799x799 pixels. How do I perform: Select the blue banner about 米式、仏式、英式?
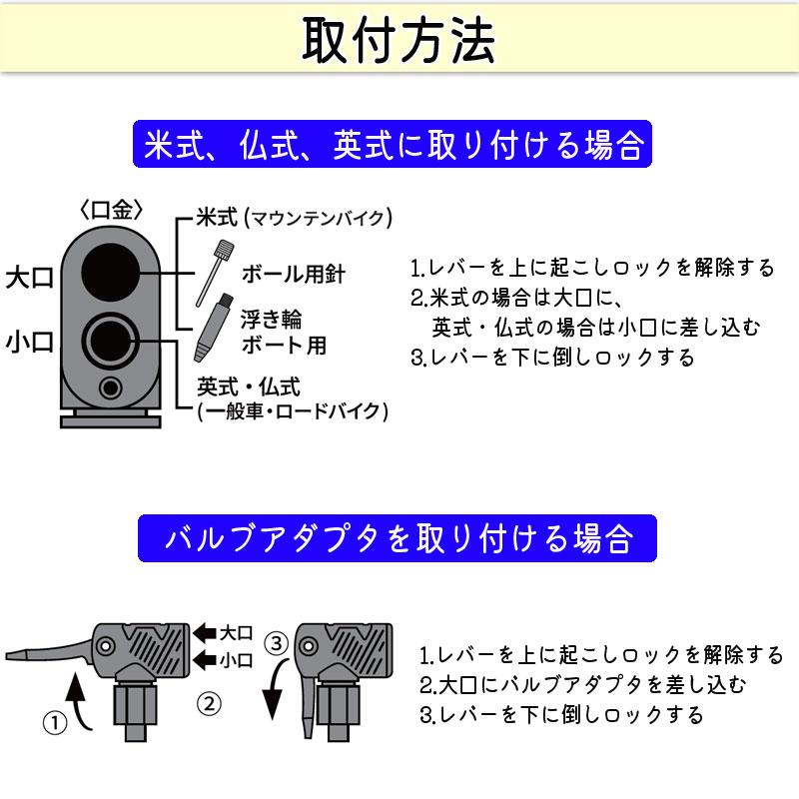coord(393,146)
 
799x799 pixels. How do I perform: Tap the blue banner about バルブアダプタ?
coord(397,539)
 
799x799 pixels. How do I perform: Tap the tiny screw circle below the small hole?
coord(111,388)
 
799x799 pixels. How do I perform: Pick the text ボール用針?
coord(293,274)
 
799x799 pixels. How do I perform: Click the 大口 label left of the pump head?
coord(29,278)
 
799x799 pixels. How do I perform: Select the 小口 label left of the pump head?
coord(29,343)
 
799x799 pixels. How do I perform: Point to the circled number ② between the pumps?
coord(208,702)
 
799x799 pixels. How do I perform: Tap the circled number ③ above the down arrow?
coord(277,640)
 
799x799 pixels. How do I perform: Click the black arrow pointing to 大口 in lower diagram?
coord(205,632)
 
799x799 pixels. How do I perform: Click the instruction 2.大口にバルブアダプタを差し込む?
coord(582,685)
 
